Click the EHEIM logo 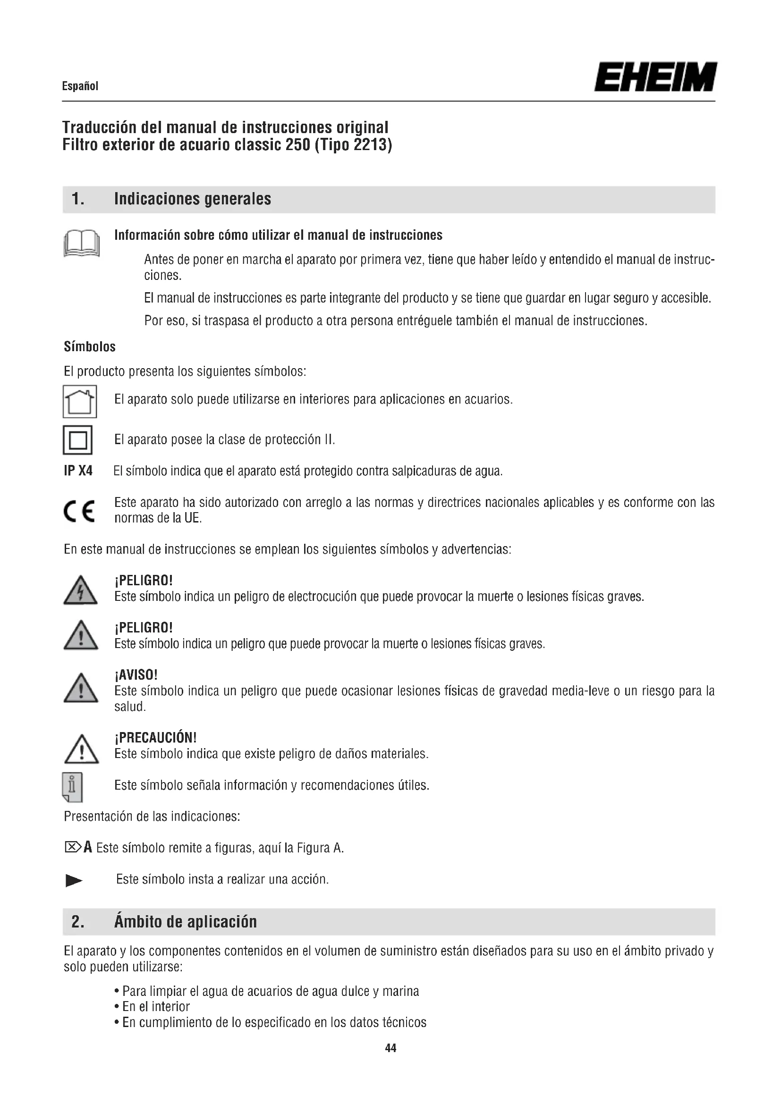pyautogui.click(x=655, y=77)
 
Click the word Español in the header pyautogui.click(x=80, y=86)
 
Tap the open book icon pyautogui.click(x=81, y=244)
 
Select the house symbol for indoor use pyautogui.click(x=80, y=402)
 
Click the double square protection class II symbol pyautogui.click(x=77, y=440)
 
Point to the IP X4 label pyautogui.click(x=78, y=471)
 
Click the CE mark pyautogui.click(x=79, y=511)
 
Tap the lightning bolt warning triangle pyautogui.click(x=80, y=591)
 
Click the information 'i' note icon pyautogui.click(x=73, y=787)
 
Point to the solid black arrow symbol pyautogui.click(x=74, y=881)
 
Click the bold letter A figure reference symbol pyautogui.click(x=87, y=847)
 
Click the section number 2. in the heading pyautogui.click(x=77, y=922)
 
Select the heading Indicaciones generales pyautogui.click(x=192, y=199)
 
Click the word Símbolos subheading pyautogui.click(x=89, y=347)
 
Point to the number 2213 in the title pyautogui.click(x=370, y=145)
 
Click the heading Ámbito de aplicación pyautogui.click(x=185, y=922)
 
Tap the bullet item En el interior pyautogui.click(x=156, y=1006)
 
